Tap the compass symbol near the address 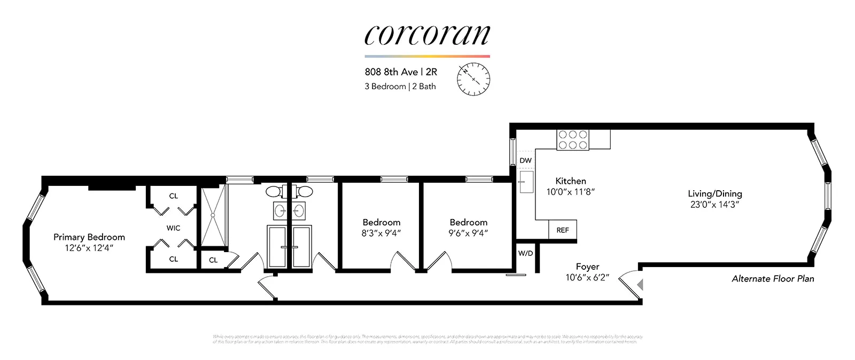(473, 79)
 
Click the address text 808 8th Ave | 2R (401, 72)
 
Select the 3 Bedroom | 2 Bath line (400, 87)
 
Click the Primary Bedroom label (89, 237)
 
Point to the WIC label (173, 228)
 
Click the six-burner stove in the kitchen (573, 140)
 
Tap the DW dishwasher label (525, 160)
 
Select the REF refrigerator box (563, 230)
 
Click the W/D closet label (525, 253)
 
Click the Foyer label (587, 267)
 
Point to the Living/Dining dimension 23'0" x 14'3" (714, 205)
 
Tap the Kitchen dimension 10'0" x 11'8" (570, 192)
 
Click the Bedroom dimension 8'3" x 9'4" (381, 233)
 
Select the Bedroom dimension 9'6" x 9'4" (468, 233)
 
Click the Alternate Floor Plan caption (773, 278)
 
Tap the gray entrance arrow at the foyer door (640, 285)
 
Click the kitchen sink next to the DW (526, 182)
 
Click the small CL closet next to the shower (213, 260)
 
